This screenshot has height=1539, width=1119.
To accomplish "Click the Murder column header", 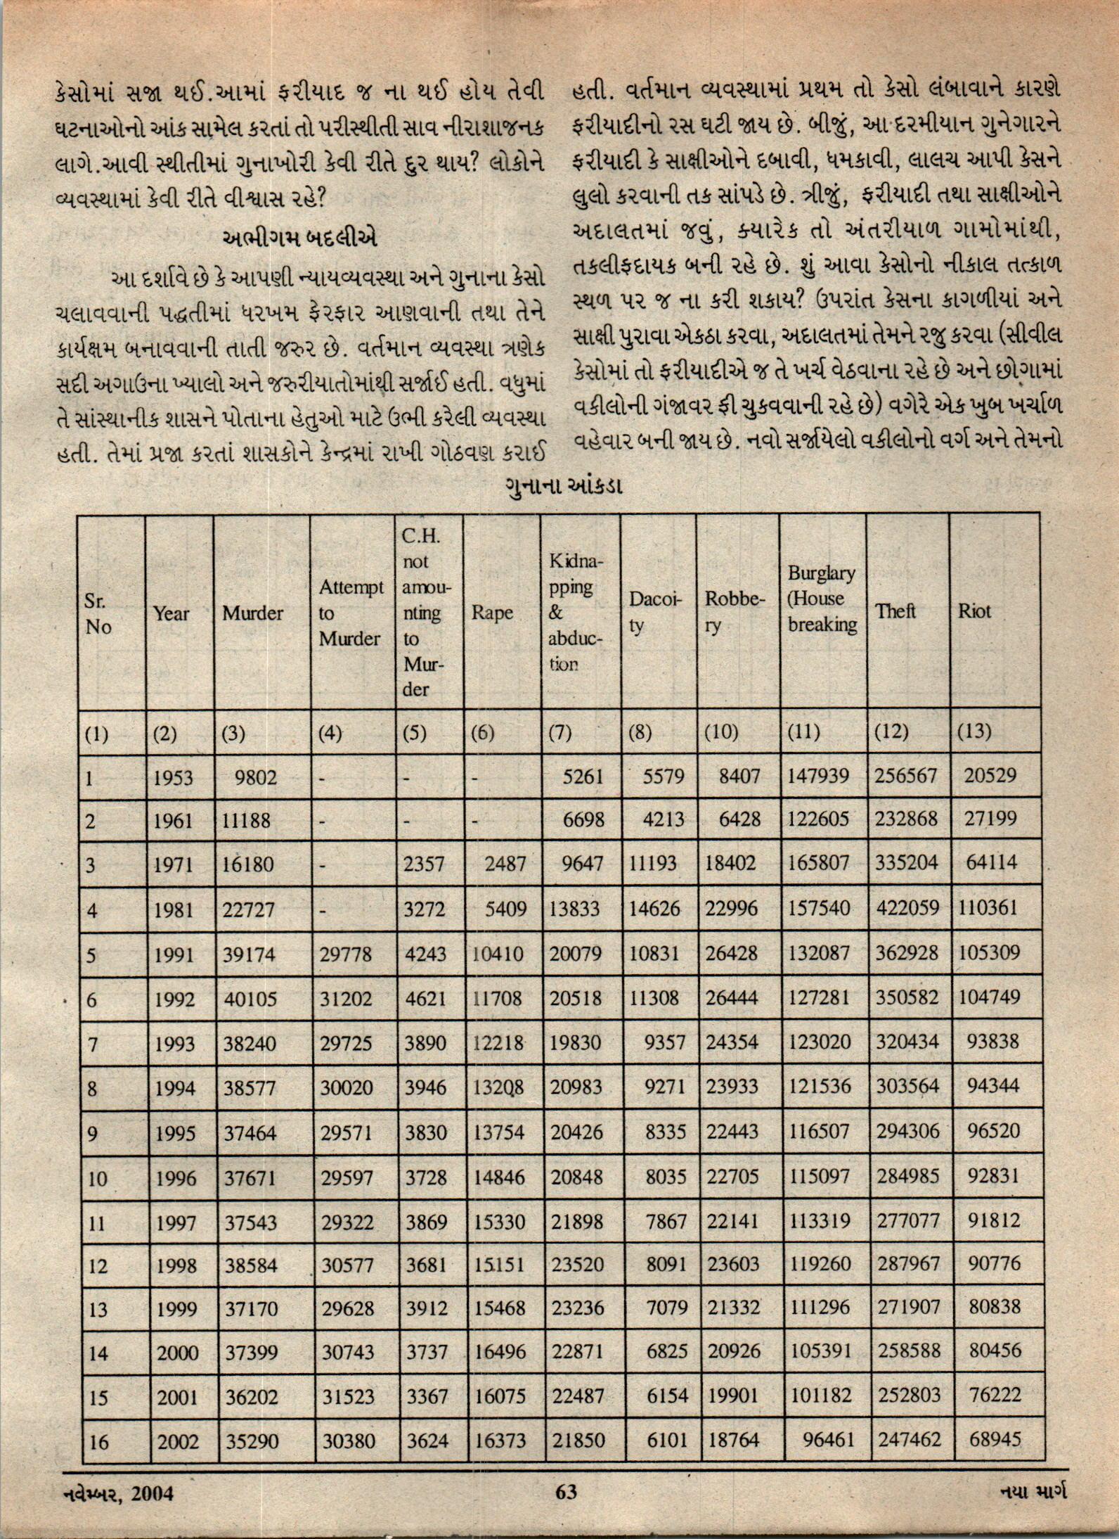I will tap(252, 613).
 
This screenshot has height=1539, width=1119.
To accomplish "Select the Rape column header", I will tap(492, 613).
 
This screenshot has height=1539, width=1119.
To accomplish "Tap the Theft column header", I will tap(895, 611).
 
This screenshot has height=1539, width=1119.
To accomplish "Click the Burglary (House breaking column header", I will tap(822, 599).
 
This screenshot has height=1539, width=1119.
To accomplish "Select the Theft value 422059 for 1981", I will tap(907, 908).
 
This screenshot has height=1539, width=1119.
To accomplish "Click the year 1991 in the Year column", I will tap(174, 954).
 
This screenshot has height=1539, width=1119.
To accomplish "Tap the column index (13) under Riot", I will tap(974, 732).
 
